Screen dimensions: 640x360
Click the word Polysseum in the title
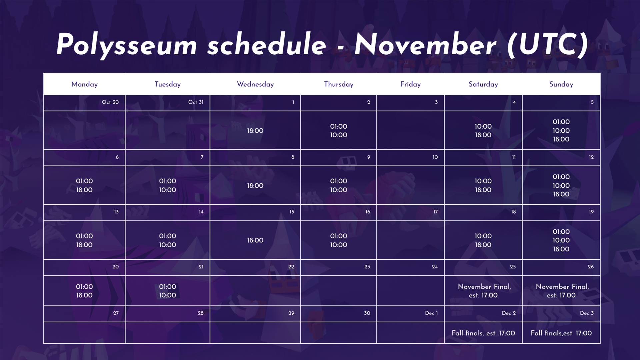(127, 45)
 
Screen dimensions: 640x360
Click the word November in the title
(426, 44)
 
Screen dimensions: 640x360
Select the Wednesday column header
(255, 84)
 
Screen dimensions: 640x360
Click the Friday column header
(410, 84)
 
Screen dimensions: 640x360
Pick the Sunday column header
(561, 84)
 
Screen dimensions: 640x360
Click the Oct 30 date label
(110, 102)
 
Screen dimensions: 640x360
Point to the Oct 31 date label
(196, 102)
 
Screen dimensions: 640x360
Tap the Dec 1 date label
(431, 313)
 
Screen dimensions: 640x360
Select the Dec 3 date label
(587, 313)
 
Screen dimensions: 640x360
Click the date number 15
(292, 212)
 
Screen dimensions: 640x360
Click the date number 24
(435, 267)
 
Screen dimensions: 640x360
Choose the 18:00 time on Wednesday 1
(255, 131)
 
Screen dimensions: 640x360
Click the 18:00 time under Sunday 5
(561, 139)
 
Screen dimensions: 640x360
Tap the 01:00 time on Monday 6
(84, 181)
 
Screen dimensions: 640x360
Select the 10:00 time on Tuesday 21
(168, 295)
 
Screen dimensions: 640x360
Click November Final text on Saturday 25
(484, 287)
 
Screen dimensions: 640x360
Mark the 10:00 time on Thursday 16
(339, 245)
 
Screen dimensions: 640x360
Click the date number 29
(291, 313)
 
